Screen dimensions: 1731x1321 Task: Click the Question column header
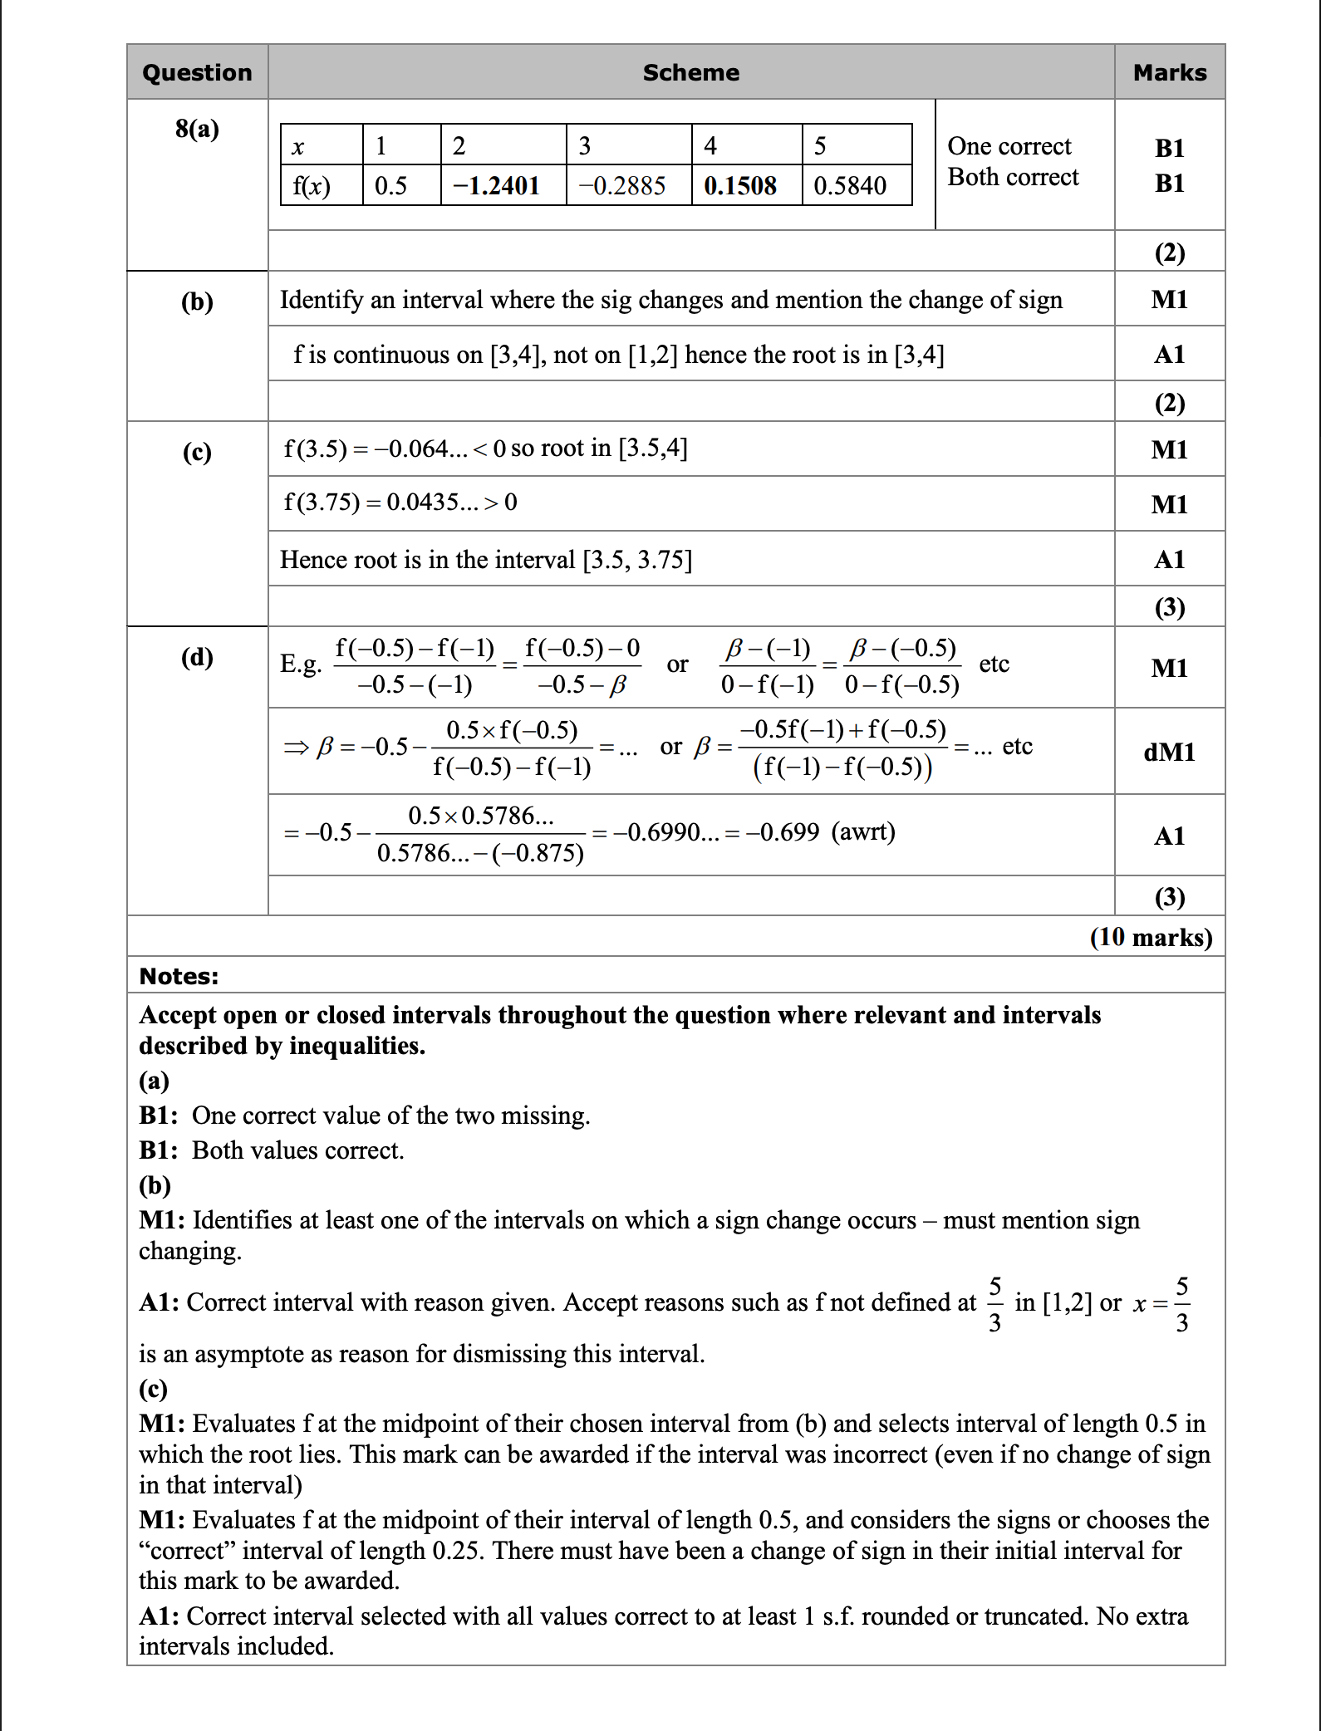(197, 73)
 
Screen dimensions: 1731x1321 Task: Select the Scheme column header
(690, 73)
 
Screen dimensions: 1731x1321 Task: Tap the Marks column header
(1169, 73)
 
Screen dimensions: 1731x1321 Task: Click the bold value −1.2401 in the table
(496, 185)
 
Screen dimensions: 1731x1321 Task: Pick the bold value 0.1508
(739, 185)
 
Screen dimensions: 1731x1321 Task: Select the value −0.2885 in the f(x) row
(622, 185)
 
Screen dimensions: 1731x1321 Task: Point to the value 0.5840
(849, 185)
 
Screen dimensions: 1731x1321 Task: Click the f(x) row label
(312, 185)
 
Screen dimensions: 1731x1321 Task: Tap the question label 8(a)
(197, 129)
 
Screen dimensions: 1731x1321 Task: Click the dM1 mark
(1169, 752)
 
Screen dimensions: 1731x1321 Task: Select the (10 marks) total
(1151, 937)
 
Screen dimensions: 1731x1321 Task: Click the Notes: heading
(179, 976)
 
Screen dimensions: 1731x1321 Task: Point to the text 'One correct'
(1009, 146)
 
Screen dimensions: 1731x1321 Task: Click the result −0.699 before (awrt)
(783, 831)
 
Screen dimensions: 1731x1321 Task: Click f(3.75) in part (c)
(322, 502)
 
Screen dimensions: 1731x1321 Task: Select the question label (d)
(197, 657)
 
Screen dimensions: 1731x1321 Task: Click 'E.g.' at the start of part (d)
(301, 664)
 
